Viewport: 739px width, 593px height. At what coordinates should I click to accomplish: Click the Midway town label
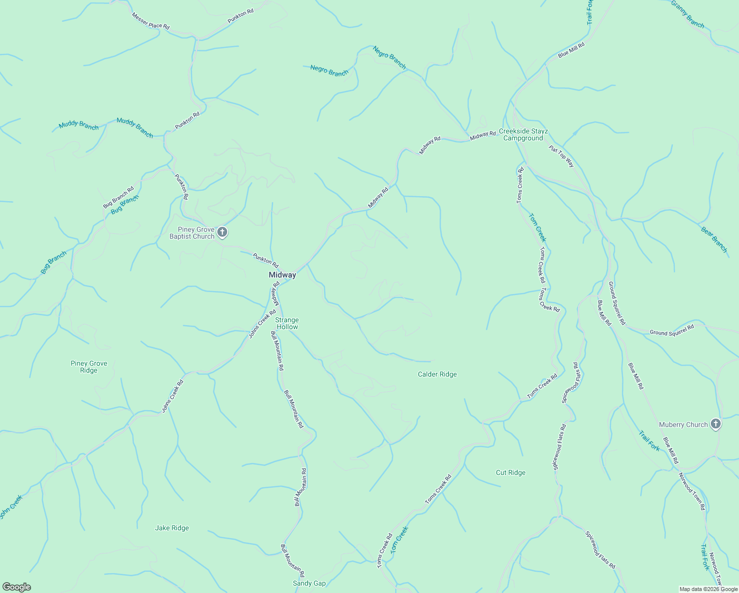[282, 275]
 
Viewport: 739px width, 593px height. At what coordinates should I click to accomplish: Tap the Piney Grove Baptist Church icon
[222, 232]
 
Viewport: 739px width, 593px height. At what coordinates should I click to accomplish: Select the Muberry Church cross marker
[715, 424]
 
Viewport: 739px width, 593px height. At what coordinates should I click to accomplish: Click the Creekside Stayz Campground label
[523, 134]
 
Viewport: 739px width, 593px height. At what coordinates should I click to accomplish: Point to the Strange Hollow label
[287, 323]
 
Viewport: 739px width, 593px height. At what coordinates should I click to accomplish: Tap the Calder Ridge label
[437, 374]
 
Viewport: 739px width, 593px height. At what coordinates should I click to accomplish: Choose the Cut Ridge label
[510, 472]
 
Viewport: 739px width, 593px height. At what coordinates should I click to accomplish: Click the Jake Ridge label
[172, 528]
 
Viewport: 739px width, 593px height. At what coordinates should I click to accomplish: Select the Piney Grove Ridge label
[89, 367]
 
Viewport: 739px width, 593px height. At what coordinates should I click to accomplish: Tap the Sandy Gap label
[309, 583]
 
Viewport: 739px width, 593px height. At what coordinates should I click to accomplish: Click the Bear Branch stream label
[714, 239]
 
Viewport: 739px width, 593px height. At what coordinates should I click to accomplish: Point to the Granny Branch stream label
[687, 14]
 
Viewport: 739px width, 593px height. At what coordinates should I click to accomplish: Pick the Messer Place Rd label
[150, 21]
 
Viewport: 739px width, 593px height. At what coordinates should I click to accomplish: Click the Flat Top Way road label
[562, 156]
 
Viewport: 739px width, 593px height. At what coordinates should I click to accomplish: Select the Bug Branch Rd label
[118, 197]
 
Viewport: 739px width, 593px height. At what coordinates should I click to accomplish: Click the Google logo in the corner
[16, 587]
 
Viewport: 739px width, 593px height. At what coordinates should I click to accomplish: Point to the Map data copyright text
[708, 589]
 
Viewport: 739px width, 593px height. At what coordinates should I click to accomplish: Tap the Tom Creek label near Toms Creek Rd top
[537, 227]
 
